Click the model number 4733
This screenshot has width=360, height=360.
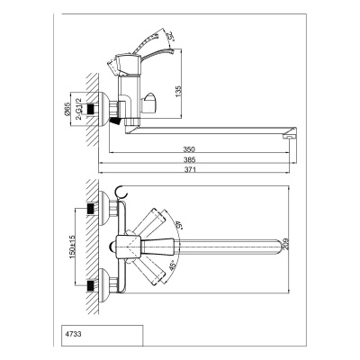tap(73, 334)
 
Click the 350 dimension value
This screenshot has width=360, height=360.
tap(189, 149)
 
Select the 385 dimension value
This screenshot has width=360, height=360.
tap(189, 159)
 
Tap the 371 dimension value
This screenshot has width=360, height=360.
tap(190, 169)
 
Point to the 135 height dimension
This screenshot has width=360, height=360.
tap(178, 92)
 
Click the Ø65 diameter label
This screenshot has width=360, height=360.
tap(67, 108)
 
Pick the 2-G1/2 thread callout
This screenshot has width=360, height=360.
tap(78, 109)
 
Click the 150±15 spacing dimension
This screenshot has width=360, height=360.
tap(72, 244)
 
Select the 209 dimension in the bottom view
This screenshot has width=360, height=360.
tap(285, 245)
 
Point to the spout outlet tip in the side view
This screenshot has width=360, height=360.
tap(290, 137)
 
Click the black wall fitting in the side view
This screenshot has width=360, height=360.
tap(91, 109)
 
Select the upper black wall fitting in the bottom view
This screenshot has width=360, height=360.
tap(91, 209)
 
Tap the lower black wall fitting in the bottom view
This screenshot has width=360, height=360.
tap(91, 285)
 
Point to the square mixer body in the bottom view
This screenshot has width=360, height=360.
tap(128, 246)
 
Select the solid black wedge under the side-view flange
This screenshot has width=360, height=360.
tap(116, 121)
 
